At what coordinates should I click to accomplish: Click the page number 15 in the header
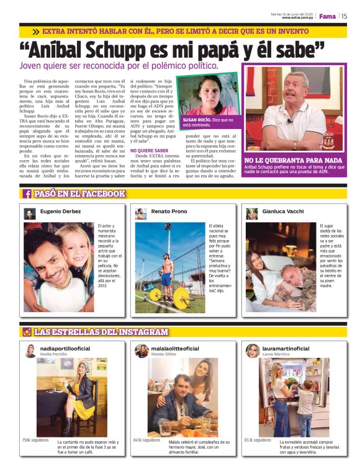pyautogui.click(x=344, y=16)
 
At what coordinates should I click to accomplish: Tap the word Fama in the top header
pyautogui.click(x=327, y=16)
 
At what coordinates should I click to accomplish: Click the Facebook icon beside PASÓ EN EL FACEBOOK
pyautogui.click(x=27, y=194)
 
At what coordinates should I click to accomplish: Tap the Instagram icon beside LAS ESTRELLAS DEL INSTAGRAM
pyautogui.click(x=27, y=332)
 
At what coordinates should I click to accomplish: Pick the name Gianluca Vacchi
pyautogui.click(x=282, y=212)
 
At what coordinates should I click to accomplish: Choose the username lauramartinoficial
pyautogui.click(x=286, y=349)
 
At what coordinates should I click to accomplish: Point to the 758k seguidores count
pyautogui.click(x=35, y=440)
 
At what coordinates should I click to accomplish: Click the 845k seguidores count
pyautogui.click(x=146, y=440)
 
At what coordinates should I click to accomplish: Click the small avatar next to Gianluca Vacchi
pyautogui.click(x=252, y=213)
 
